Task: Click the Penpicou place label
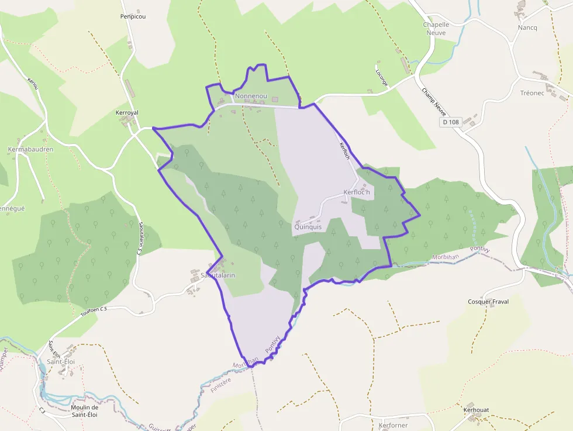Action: coord(133,16)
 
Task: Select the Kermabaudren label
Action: coord(30,149)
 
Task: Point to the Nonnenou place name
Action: coord(251,95)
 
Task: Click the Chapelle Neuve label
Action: coord(436,29)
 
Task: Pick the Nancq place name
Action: coord(527,27)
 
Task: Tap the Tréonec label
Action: coord(532,93)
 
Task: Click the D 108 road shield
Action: coord(450,122)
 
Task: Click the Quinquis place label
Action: coord(308,227)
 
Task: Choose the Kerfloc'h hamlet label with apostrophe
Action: coord(357,192)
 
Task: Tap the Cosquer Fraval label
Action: coord(488,302)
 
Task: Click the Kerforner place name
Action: coord(393,425)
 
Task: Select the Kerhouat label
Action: coord(477,410)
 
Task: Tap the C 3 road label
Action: coord(42,411)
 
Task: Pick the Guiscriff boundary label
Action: coord(160,427)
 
